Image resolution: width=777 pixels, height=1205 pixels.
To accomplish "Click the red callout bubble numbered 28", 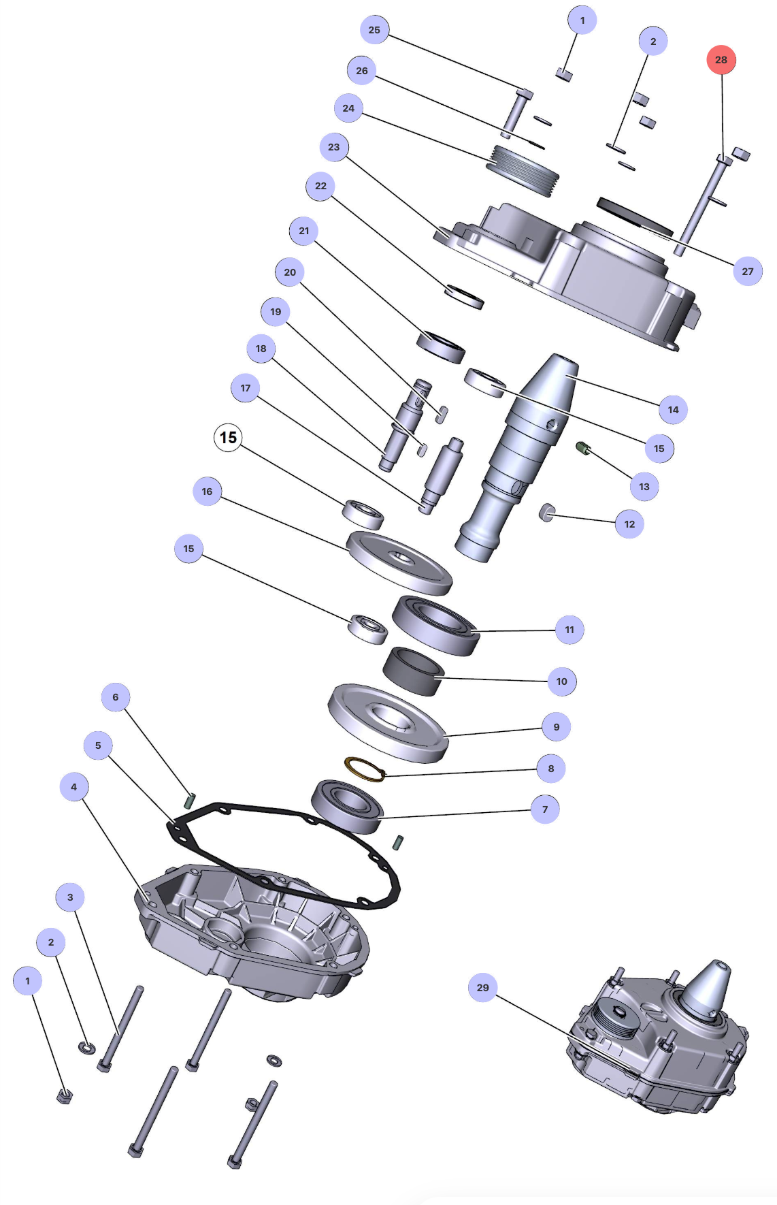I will click(x=721, y=60).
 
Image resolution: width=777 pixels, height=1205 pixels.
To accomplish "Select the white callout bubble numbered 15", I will click(x=228, y=437).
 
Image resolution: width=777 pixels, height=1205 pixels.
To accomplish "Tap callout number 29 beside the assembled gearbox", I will click(x=482, y=987).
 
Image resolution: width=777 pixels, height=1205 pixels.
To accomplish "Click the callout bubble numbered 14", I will click(x=673, y=410).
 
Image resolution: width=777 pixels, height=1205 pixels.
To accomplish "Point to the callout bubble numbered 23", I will click(x=333, y=147).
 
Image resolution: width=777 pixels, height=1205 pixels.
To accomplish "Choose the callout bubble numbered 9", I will click(x=557, y=727).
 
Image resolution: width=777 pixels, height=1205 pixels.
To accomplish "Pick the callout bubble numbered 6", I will click(x=115, y=697).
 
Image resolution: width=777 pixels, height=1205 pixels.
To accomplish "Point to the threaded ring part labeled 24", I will click(x=523, y=170).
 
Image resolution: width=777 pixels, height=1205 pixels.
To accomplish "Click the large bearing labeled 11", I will click(x=435, y=625).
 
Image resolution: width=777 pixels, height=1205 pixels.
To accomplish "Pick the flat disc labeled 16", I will click(x=399, y=562).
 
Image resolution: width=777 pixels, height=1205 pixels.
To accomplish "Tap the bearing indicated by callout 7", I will click(x=347, y=805).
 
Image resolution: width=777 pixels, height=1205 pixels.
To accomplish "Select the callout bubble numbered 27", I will click(x=748, y=271).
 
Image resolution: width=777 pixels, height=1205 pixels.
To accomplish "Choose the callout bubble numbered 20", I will click(x=290, y=272).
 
